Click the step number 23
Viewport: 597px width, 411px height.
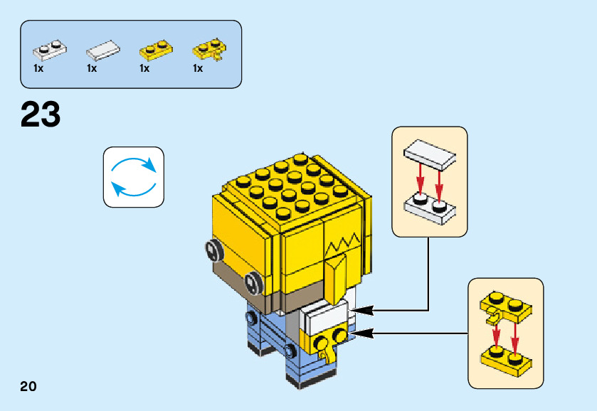[41, 114]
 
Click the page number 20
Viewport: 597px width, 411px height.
[28, 386]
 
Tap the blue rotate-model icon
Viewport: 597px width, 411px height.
[134, 177]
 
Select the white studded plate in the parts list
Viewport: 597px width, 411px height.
[50, 50]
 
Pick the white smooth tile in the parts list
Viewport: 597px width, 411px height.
[104, 50]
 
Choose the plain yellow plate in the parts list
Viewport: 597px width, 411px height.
[157, 50]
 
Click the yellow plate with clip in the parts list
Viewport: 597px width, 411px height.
[209, 50]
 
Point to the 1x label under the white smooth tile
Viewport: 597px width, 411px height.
[92, 69]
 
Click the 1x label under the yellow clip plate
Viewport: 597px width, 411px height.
[198, 69]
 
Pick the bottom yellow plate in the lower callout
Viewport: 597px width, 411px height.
[505, 358]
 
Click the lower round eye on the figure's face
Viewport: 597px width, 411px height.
[253, 282]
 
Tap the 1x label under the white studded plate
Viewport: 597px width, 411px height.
[38, 69]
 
